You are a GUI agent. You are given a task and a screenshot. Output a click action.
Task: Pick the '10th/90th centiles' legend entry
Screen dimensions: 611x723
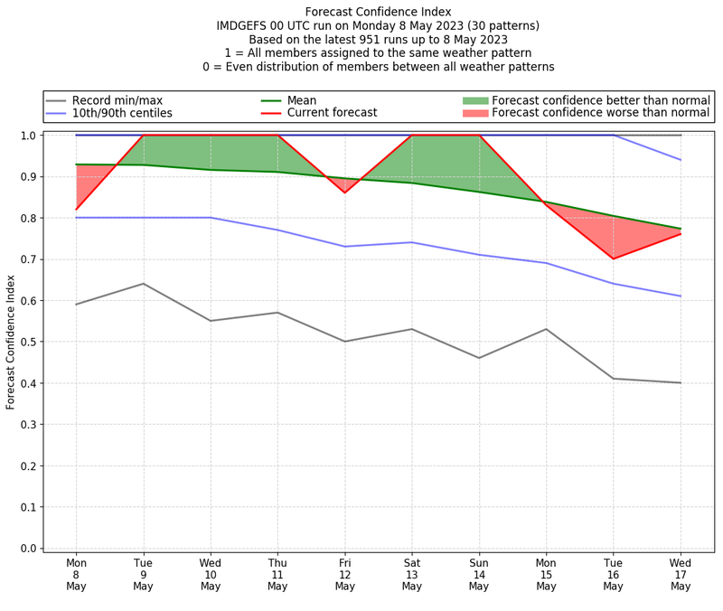click(122, 113)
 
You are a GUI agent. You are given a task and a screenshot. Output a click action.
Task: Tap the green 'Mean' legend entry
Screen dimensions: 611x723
click(302, 99)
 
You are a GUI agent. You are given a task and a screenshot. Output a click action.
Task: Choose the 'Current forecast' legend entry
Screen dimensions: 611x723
click(332, 113)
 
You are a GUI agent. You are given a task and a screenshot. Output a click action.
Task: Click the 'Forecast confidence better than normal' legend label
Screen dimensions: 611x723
click(600, 99)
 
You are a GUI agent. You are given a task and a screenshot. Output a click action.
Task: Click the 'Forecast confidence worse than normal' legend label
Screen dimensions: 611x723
click(600, 113)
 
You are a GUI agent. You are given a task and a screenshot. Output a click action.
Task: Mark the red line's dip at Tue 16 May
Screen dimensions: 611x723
click(614, 258)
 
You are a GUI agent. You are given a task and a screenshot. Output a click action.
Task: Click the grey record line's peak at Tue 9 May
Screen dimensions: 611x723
click(143, 284)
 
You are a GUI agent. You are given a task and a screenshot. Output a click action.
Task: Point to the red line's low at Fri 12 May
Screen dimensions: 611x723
click(344, 193)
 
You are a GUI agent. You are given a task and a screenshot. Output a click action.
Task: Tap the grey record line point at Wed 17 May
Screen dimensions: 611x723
click(681, 383)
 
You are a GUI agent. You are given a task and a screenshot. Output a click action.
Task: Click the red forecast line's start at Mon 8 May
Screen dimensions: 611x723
click(76, 210)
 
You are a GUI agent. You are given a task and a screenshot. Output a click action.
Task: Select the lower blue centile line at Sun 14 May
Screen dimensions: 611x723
click(479, 255)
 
